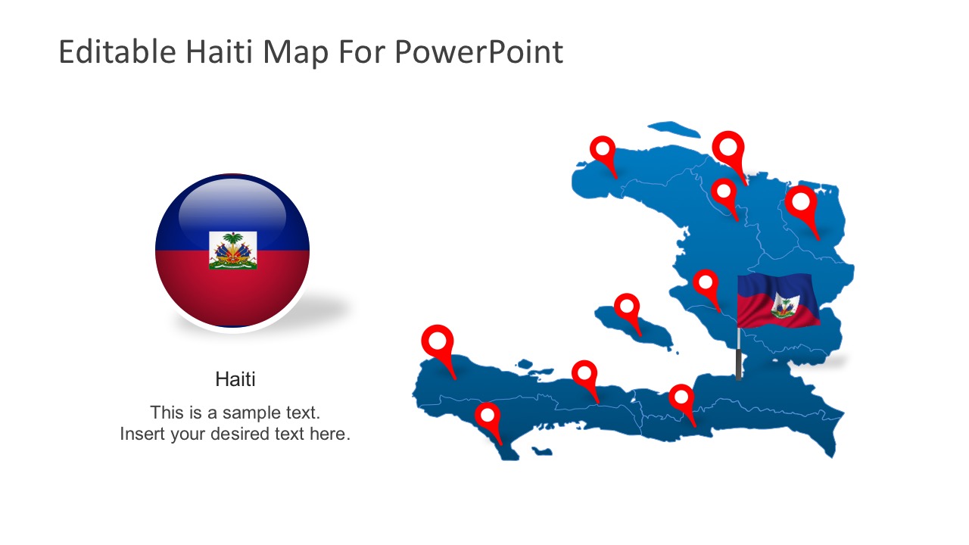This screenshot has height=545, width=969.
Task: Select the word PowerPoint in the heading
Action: [x=479, y=52]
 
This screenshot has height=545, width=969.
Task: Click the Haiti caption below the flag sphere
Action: [x=235, y=378]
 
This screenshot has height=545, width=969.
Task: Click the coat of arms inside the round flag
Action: [x=232, y=251]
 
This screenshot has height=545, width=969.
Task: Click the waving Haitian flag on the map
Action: [x=777, y=301]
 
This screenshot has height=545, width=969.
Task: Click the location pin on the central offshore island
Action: [x=627, y=307]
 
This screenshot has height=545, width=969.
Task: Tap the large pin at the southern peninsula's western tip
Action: [x=437, y=342]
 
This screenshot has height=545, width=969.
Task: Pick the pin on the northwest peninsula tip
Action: [x=603, y=150]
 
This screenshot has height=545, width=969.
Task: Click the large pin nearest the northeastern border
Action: [x=800, y=204]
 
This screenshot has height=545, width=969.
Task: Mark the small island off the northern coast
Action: [x=673, y=129]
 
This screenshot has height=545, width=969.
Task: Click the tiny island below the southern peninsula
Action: [x=541, y=451]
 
